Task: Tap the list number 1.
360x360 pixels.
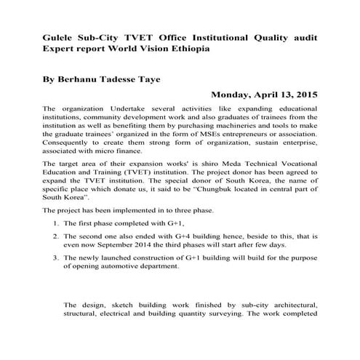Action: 57,223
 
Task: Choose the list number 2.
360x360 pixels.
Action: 57,236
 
